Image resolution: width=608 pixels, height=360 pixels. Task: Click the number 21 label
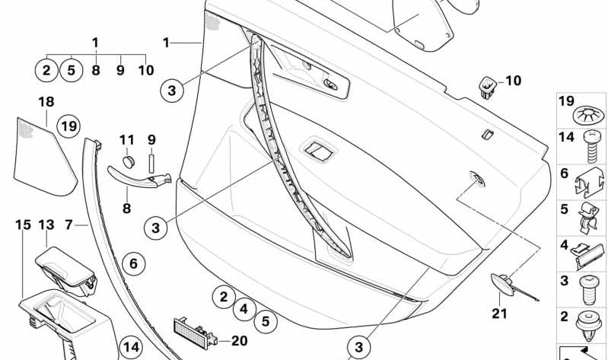[498, 311]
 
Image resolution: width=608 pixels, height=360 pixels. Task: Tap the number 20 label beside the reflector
[239, 340]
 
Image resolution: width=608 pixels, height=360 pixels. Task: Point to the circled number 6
[132, 264]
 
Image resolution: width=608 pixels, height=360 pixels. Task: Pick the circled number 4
[244, 309]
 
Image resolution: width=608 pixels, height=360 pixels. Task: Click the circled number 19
[69, 126]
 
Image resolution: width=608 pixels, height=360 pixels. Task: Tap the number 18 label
[46, 101]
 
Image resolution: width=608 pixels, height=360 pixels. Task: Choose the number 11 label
[126, 140]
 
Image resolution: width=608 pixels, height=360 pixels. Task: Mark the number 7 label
[68, 225]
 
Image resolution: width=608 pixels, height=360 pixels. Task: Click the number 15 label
[23, 225]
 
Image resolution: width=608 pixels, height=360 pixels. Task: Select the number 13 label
[46, 225]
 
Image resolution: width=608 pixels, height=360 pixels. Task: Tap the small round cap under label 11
[129, 160]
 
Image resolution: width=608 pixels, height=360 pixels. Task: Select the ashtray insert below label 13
[66, 266]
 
